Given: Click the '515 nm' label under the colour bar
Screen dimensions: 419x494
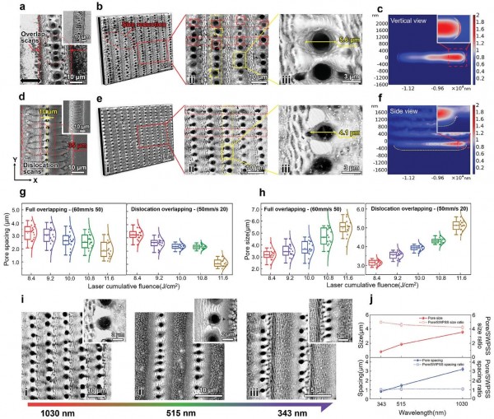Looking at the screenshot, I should point(164,408).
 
